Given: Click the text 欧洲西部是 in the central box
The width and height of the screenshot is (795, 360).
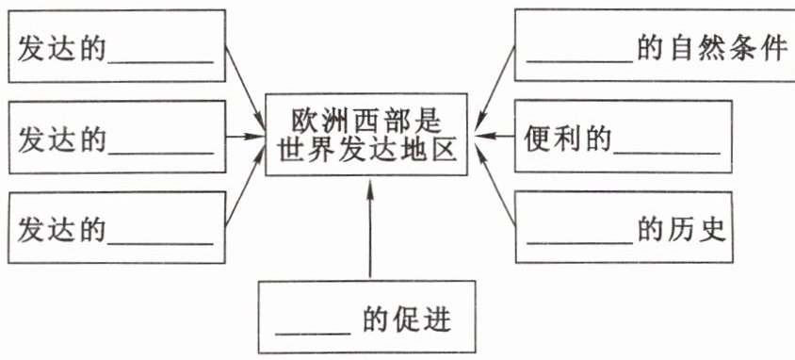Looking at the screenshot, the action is (x=366, y=122).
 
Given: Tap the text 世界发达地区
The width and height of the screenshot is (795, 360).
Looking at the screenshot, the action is (x=367, y=150).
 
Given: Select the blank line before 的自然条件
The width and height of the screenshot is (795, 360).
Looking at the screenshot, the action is (x=580, y=62).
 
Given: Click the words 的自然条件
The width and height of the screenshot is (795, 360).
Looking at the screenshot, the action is (x=712, y=50).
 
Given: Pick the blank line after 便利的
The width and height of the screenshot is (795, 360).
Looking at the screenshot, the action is (x=667, y=152).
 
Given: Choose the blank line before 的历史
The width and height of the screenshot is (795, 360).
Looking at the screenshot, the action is (x=580, y=243).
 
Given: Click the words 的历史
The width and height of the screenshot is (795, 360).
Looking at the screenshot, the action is (x=682, y=230).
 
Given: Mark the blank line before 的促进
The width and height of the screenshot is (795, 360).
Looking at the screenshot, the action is (x=313, y=335).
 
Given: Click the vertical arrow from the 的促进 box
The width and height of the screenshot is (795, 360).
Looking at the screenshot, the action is (x=369, y=229).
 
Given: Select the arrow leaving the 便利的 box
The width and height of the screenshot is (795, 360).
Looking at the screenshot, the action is (x=495, y=136).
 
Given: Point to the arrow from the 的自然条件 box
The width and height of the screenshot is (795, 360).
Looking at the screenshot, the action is (x=495, y=89).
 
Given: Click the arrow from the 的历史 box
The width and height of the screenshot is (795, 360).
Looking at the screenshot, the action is (x=495, y=184).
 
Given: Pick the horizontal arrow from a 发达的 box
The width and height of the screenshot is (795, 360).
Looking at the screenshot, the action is (x=246, y=136).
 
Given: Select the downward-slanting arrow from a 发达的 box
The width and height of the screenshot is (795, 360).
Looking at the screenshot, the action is (x=246, y=89).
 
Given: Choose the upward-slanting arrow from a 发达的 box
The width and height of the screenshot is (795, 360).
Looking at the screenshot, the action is (x=246, y=185).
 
